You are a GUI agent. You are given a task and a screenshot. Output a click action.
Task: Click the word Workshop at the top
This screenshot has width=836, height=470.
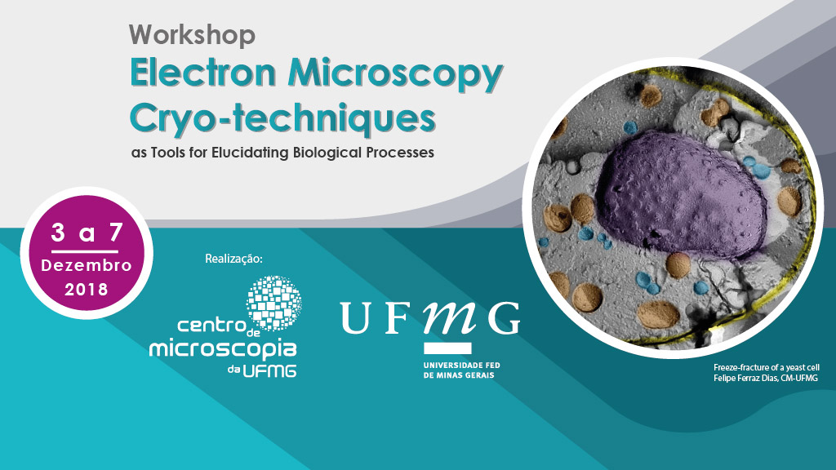192,36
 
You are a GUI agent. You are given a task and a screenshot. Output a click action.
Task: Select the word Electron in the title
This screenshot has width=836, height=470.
203,73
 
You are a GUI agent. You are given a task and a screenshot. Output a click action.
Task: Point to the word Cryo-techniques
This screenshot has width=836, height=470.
282,120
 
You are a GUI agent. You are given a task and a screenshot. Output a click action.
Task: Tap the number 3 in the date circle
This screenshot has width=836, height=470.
58,233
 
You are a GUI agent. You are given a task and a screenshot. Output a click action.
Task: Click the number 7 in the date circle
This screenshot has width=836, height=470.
116,233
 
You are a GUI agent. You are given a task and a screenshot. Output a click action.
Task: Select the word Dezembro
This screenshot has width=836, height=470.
87,265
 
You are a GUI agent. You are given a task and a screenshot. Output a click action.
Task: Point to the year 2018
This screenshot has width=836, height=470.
87,290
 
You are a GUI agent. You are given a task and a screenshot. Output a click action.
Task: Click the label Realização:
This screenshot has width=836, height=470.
234,259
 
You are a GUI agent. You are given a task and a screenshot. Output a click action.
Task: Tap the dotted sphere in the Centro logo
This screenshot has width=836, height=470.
274,303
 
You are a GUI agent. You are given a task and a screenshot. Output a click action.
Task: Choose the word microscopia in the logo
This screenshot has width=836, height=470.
223,350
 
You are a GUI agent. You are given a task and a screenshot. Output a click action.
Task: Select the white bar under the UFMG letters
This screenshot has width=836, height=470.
448,348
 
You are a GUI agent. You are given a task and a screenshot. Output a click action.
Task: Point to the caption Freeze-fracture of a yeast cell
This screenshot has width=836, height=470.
767,368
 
